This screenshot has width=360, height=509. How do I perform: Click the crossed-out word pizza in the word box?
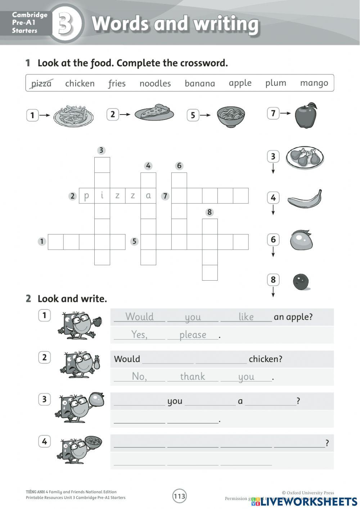41,83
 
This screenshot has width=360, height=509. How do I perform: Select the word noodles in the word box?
155,83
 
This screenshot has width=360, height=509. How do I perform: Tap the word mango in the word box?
314,83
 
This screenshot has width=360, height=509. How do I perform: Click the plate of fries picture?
73,115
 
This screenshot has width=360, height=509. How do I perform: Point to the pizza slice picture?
154,112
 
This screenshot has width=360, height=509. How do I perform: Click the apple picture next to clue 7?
306,115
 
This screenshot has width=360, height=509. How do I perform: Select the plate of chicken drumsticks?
305,157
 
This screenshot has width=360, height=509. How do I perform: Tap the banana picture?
305,199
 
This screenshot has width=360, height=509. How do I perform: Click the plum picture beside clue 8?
301,281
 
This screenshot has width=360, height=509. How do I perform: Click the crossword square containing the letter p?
86,196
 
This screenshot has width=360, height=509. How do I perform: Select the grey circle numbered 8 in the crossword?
210,212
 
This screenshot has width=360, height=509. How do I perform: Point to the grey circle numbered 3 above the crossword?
101,150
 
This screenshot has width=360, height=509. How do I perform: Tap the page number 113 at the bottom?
179,496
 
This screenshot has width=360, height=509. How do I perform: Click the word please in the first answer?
193,335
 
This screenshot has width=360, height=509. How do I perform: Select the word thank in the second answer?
193,376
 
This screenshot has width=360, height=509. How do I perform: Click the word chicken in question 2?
265,359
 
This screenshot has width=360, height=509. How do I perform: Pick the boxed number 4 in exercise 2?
44,441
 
